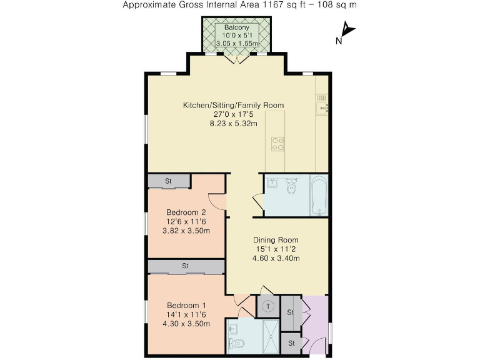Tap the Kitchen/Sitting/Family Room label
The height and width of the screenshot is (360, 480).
[233, 105]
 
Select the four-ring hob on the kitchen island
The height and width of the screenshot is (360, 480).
[277, 144]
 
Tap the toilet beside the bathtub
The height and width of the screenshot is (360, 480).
[291, 187]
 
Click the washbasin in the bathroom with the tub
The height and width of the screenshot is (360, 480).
[272, 183]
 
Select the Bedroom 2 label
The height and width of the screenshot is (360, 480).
[186, 212]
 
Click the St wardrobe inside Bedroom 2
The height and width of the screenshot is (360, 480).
[169, 181]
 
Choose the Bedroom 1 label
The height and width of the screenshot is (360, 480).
[186, 305]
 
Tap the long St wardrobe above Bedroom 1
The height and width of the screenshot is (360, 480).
[186, 266]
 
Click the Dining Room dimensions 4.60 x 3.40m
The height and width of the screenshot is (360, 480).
[275, 258]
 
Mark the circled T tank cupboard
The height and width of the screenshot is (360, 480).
[267, 306]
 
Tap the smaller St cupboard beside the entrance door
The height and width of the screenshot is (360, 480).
[291, 342]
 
